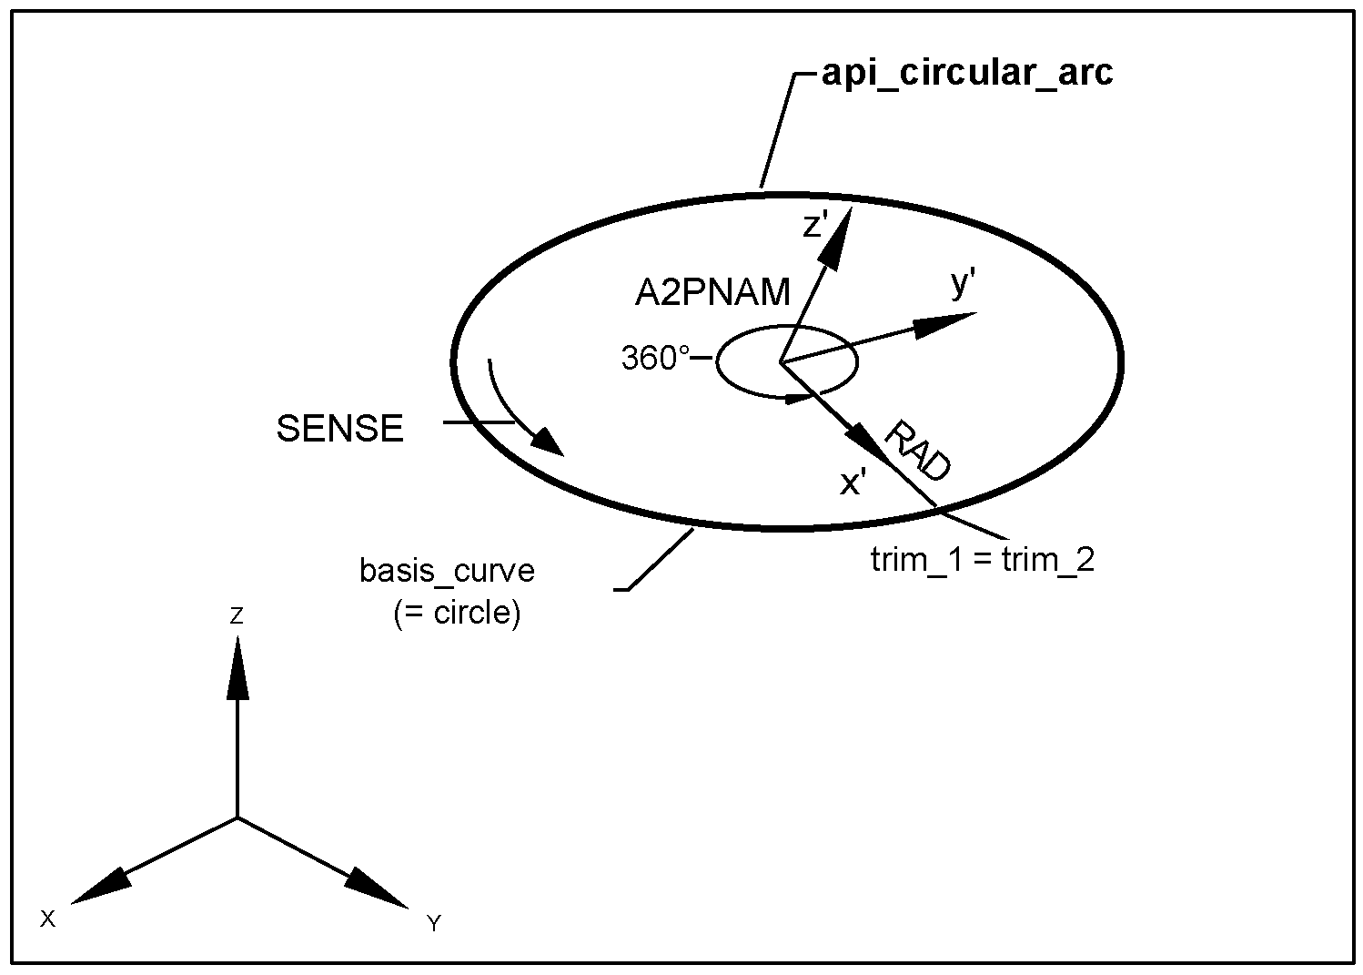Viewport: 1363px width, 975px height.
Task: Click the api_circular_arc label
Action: click(x=966, y=72)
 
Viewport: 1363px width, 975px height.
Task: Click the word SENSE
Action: click(x=339, y=429)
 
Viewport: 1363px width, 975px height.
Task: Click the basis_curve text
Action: click(x=447, y=571)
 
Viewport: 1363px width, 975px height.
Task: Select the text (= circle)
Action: click(x=457, y=613)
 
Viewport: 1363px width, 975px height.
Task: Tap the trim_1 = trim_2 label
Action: click(x=982, y=559)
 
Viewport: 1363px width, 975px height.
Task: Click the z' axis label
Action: click(x=813, y=225)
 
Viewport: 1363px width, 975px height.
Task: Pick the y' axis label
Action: click(x=964, y=285)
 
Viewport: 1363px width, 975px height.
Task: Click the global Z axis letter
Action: click(x=237, y=616)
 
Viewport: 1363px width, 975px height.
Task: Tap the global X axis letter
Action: click(x=48, y=919)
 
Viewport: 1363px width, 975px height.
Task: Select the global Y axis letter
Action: click(x=434, y=924)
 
